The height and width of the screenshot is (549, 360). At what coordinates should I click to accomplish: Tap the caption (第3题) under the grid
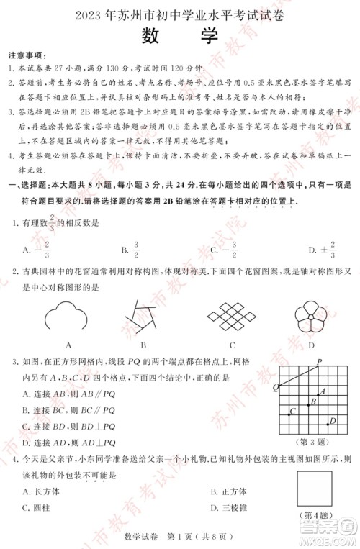coord(312,442)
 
